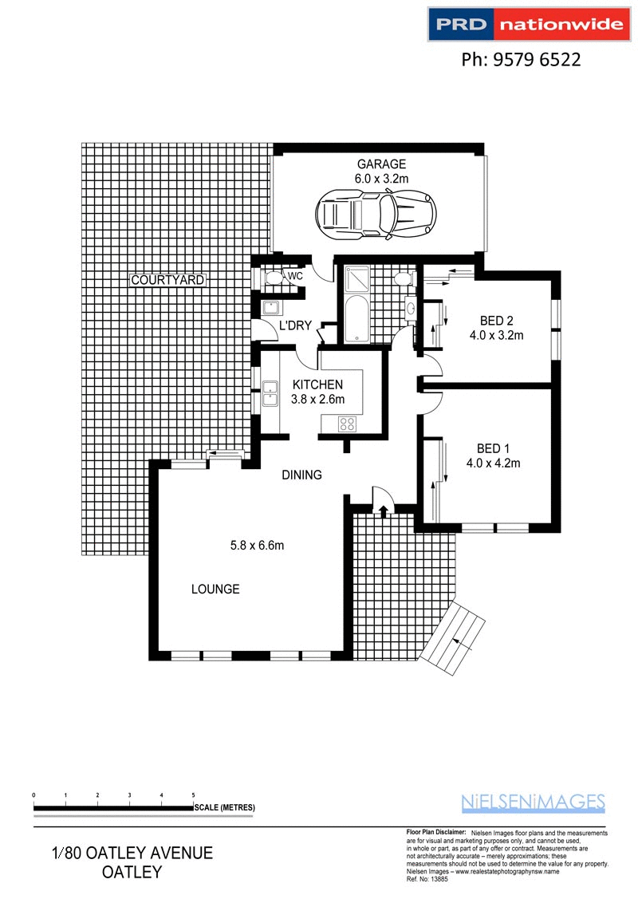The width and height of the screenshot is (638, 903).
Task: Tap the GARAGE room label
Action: [381, 164]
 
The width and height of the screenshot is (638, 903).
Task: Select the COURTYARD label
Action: [167, 280]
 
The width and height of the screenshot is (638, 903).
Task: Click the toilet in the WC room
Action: [274, 277]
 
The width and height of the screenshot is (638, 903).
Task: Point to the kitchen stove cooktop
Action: [349, 424]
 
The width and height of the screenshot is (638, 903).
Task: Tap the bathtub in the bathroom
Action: [356, 317]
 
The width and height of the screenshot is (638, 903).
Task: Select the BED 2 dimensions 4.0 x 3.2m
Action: [496, 335]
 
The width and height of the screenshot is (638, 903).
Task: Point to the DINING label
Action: [301, 475]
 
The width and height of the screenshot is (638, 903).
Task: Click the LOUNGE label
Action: [215, 590]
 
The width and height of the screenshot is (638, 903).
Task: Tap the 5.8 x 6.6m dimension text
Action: [258, 546]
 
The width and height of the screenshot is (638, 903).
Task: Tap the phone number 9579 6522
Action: [522, 60]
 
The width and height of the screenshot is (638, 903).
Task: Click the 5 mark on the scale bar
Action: [194, 795]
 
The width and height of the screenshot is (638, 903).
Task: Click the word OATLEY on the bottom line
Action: [132, 872]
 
